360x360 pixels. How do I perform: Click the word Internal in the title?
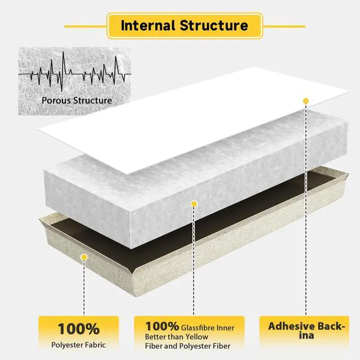pyautogui.click(x=148, y=25)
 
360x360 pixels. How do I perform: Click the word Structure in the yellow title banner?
pyautogui.click(x=214, y=25)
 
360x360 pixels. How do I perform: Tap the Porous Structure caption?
pyautogui.click(x=76, y=100)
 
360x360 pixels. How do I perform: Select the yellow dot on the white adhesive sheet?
pyautogui.click(x=306, y=101)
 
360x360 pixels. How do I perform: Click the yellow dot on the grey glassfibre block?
pyautogui.click(x=194, y=204)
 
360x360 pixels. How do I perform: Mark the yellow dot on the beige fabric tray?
pyautogui.click(x=84, y=257)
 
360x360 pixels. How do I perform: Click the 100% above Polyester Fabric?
pyautogui.click(x=79, y=328)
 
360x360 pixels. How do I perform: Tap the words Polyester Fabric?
pyautogui.click(x=79, y=345)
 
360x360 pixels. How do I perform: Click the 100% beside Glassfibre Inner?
pyautogui.click(x=162, y=326)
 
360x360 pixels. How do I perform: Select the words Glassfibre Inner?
pyautogui.click(x=208, y=328)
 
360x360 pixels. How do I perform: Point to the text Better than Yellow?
pyautogui.click(x=177, y=337)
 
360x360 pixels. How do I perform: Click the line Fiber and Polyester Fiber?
pyautogui.click(x=187, y=346)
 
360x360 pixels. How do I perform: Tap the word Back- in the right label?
pyautogui.click(x=328, y=326)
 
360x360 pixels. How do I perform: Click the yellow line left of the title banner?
pyautogui.click(x=85, y=26)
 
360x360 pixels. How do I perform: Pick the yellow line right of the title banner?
pyautogui.click(x=284, y=26)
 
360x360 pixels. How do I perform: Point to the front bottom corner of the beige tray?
pyautogui.click(x=133, y=296)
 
